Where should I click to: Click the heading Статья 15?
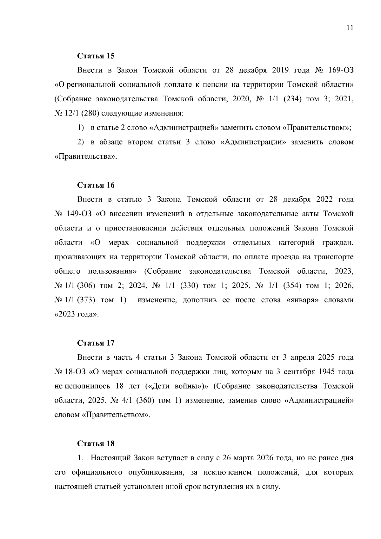tap(96, 56)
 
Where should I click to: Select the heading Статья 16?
tap(96, 185)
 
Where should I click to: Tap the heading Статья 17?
tap(96, 343)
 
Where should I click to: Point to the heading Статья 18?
tap(96, 443)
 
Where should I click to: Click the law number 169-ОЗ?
tap(341, 70)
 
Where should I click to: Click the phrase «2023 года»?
tap(77, 314)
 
